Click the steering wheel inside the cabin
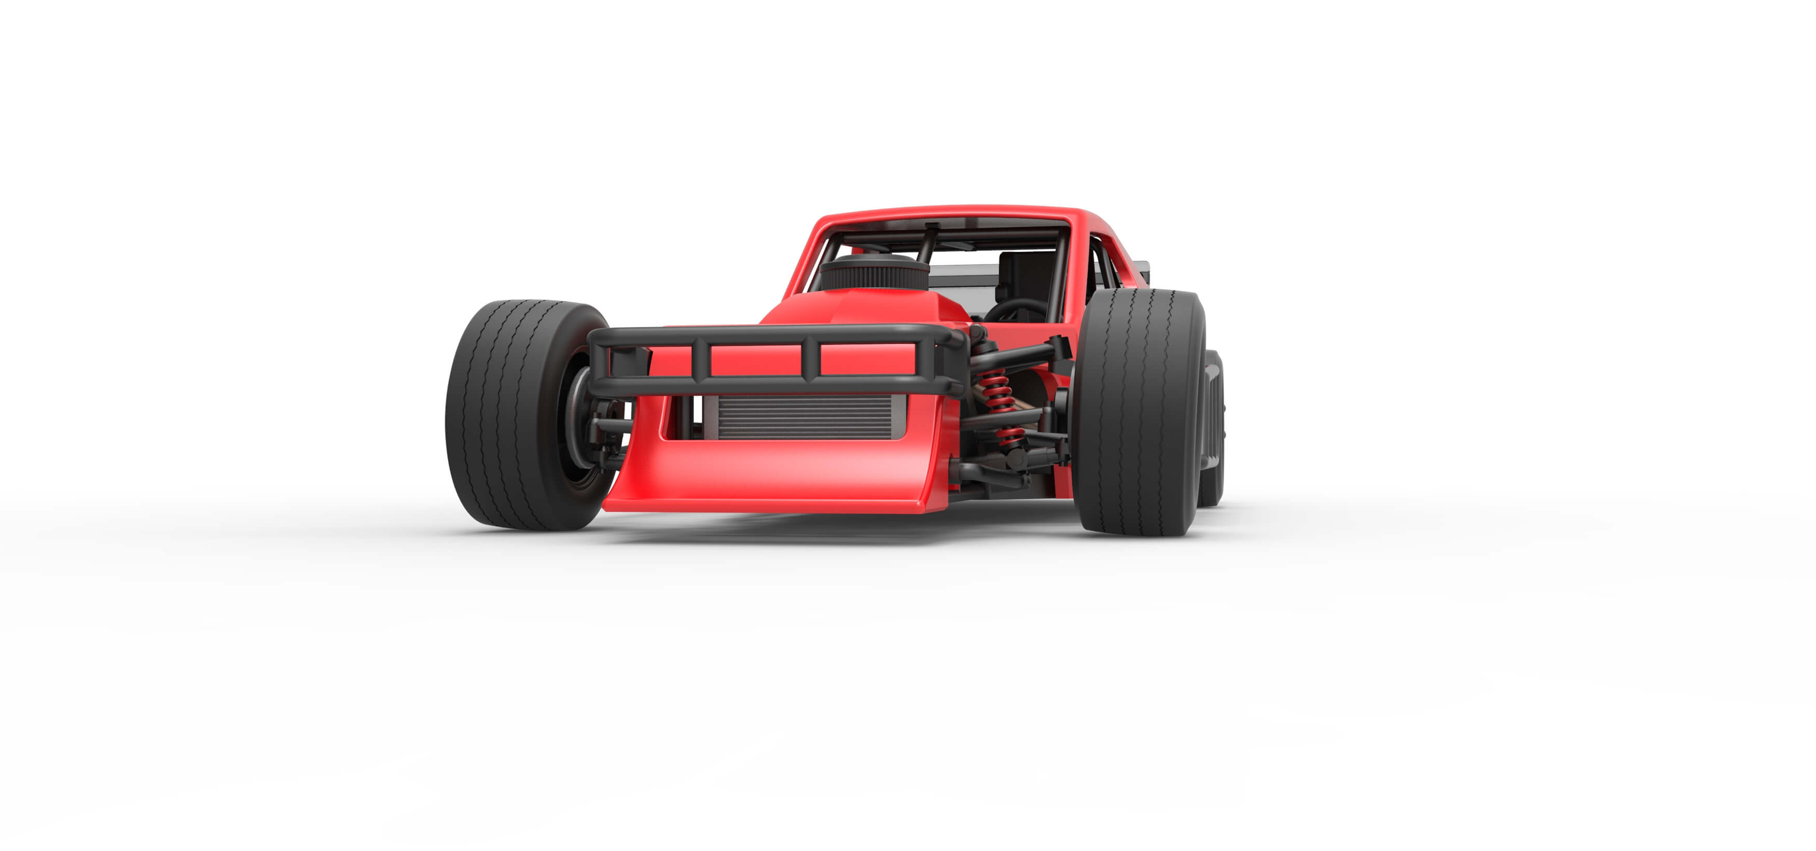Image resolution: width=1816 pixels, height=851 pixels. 1015,308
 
